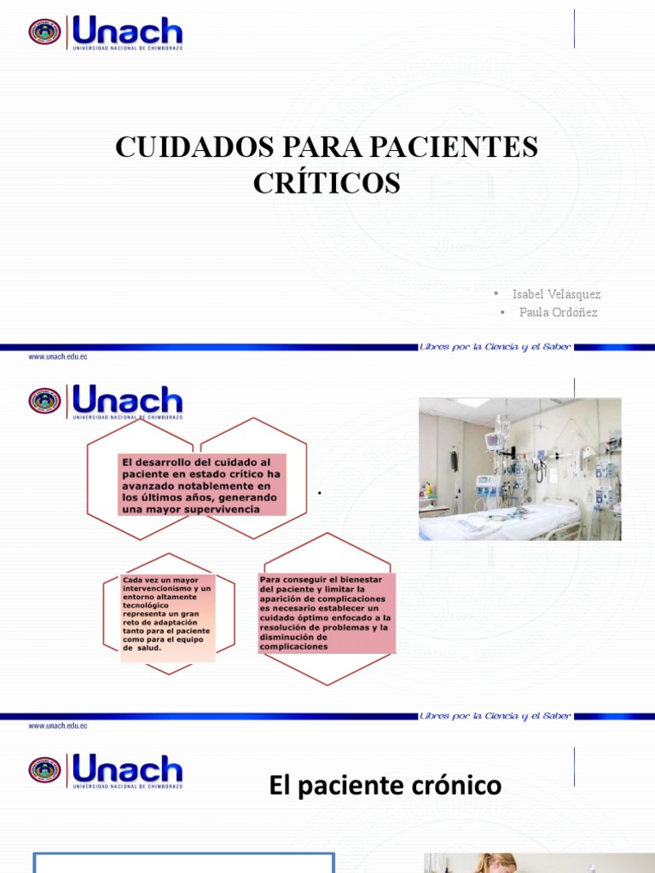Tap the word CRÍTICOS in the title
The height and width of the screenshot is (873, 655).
coord(327,182)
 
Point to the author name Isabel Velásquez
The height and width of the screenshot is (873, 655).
coord(556,294)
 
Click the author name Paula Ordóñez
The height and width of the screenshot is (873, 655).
coord(559,312)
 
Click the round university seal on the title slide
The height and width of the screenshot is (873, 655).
coord(44,32)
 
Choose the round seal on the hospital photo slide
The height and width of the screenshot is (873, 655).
coord(44,401)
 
